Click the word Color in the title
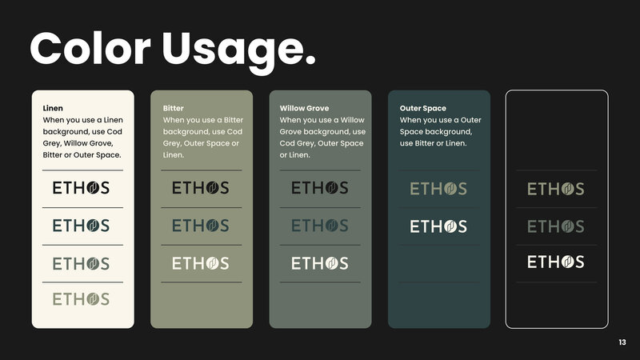pos(90,48)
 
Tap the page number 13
pos(622,342)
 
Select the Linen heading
pos(53,108)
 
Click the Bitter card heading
pos(173,108)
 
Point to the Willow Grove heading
pos(304,108)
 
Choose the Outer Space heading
pos(423,108)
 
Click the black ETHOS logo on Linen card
pos(81,188)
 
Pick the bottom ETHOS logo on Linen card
pos(81,299)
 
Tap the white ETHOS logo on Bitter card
pos(201,263)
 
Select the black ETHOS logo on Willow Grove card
pos(319,188)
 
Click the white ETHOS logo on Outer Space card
pos(438,226)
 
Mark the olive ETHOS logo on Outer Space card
pos(438,189)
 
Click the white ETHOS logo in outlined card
pos(555,262)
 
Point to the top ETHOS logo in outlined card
pos(555,189)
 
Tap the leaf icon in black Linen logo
pos(93,188)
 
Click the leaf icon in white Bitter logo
pos(213,263)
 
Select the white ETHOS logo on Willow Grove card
pos(319,263)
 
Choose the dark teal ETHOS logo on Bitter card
pos(201,226)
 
